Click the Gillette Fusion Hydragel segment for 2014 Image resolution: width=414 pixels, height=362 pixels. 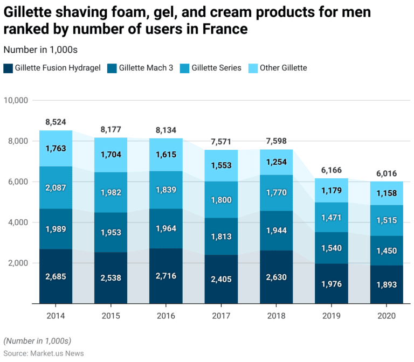pos(56,276)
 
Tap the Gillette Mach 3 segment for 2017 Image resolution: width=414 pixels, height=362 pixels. pos(221,236)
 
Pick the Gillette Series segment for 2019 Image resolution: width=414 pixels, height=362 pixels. pos(332,217)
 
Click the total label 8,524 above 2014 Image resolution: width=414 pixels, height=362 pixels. pos(56,122)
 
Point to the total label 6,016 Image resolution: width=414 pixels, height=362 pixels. pos(387,173)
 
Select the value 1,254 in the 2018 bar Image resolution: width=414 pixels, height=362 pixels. pos(276,162)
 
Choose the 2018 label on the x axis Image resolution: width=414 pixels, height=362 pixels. pos(276,316)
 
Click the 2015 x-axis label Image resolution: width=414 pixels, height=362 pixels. pos(111,316)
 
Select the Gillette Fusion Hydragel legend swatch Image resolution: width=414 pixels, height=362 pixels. pos(8,68)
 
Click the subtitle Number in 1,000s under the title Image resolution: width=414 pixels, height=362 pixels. pos(40,50)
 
